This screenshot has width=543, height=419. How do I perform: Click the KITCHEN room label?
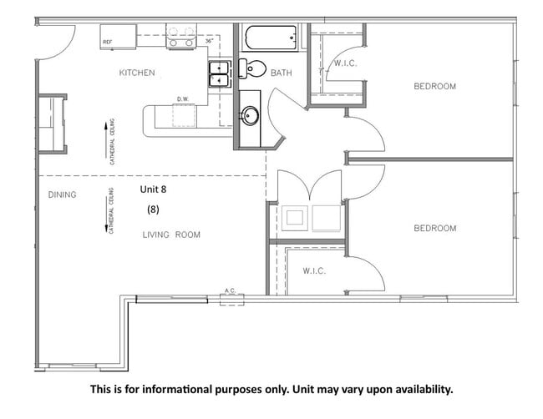click(137, 73)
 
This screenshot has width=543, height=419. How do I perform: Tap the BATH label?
click(282, 73)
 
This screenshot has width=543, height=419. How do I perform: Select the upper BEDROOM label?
click(435, 87)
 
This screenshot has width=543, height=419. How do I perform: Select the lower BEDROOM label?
click(435, 228)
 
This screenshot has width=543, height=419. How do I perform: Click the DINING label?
click(62, 195)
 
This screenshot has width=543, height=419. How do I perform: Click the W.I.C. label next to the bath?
click(346, 63)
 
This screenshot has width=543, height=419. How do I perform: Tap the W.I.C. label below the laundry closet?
click(313, 271)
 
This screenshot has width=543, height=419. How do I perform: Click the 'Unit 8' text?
click(154, 189)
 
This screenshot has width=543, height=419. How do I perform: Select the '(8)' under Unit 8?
click(153, 209)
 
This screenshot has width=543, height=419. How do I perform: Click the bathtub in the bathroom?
click(270, 38)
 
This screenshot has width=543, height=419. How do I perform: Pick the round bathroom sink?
click(248, 115)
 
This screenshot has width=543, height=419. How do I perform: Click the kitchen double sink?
click(220, 74)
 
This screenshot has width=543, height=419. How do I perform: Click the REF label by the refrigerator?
click(107, 41)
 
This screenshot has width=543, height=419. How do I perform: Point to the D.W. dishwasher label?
click(182, 99)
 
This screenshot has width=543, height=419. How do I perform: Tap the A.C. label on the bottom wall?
click(230, 291)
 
